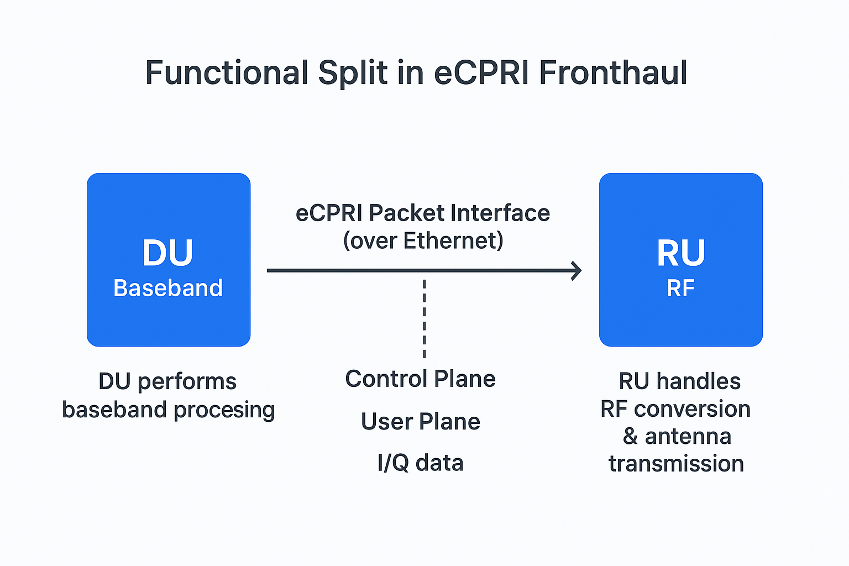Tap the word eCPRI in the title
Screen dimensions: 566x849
[x=481, y=73]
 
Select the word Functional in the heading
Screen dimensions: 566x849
[x=227, y=73]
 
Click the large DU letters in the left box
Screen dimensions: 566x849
[x=168, y=253]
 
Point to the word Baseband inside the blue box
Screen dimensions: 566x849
[x=168, y=288]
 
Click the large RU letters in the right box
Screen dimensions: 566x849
[x=680, y=253]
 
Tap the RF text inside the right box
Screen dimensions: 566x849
[x=680, y=288]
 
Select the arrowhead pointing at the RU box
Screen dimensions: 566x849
[x=577, y=270]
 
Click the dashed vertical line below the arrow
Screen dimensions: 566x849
[x=424, y=318]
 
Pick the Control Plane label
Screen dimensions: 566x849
[x=420, y=379]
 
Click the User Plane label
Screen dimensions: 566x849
[x=420, y=421]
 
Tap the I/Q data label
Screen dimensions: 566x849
[x=420, y=463]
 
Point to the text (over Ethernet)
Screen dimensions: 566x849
[x=423, y=240]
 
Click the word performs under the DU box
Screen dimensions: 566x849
[x=187, y=381]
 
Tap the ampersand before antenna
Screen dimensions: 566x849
[x=630, y=437]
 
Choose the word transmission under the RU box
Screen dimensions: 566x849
[x=676, y=463]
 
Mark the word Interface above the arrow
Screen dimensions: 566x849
[x=500, y=213]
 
